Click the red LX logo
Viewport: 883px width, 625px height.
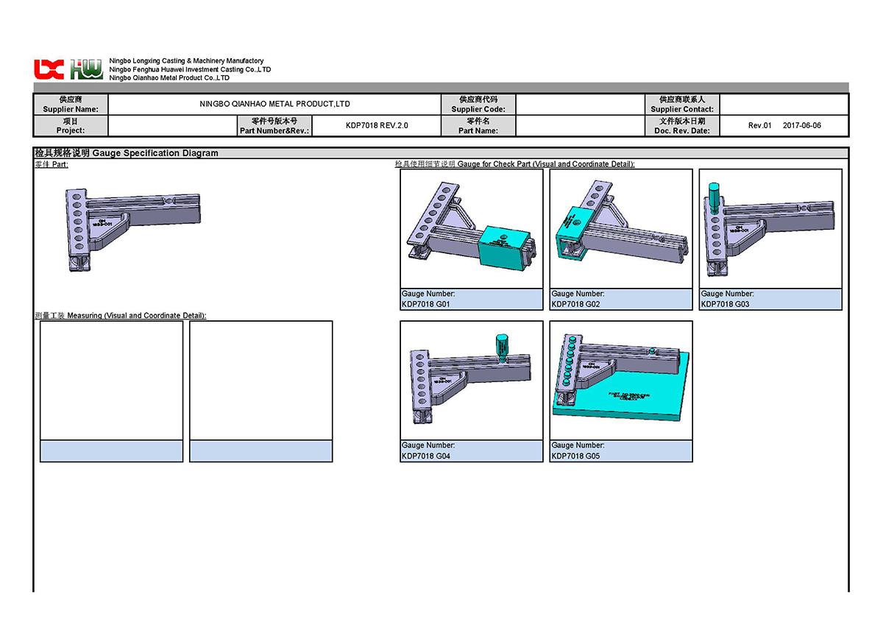coord(49,69)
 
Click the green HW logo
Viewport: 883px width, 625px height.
coord(87,69)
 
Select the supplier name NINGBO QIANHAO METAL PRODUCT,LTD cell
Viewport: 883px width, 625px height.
coord(274,104)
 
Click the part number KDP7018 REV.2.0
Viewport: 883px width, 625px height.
coord(377,125)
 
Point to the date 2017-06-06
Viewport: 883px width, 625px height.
coord(801,125)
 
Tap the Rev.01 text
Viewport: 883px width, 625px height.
coord(759,125)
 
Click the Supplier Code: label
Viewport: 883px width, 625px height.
coord(478,109)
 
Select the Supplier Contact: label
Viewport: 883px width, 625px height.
coord(682,109)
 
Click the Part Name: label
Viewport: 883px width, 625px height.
coord(478,130)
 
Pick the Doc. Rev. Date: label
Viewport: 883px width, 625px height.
coord(682,130)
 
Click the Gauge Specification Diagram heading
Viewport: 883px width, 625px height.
coord(155,153)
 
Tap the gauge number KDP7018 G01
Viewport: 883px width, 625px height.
coord(426,304)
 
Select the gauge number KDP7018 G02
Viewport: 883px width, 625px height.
coord(575,304)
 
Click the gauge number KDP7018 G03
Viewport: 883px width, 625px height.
coord(725,304)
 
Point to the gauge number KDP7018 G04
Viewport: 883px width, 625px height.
coord(426,456)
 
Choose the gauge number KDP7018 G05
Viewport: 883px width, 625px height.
coord(575,456)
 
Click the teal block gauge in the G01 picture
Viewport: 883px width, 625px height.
coord(504,245)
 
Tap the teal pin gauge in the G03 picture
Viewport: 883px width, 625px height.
coord(713,197)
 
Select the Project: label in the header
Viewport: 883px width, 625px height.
coord(71,130)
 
